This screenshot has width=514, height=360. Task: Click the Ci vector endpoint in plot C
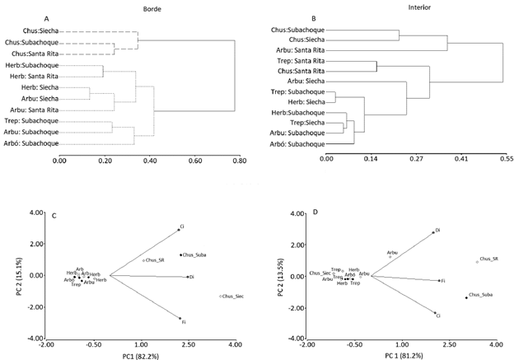pos(178,229)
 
